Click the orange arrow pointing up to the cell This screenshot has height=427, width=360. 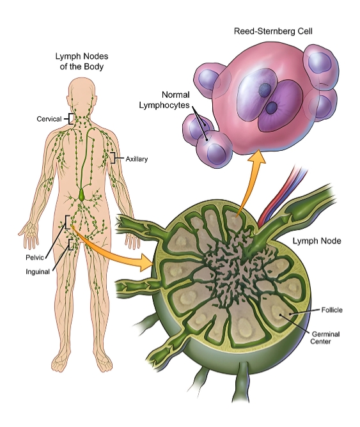click(251, 182)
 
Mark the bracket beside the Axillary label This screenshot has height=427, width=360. click(113, 157)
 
